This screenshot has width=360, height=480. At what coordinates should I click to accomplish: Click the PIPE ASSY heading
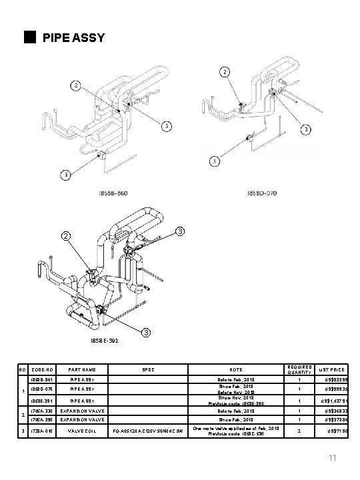coord(73,37)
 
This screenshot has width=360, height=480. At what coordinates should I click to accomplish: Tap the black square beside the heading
coord(27,37)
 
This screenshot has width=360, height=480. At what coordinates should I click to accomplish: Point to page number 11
coord(333,458)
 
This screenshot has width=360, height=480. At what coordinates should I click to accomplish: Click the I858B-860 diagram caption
coord(113,193)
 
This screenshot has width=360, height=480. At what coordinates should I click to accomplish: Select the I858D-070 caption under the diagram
coord(263,193)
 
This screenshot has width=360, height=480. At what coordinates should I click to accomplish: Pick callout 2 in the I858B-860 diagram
coord(77,85)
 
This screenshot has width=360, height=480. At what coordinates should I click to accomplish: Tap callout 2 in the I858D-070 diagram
coord(225,71)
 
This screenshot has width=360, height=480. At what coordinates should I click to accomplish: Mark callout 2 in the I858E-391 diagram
coord(65,235)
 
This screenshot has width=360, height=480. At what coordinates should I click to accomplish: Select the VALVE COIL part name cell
coord(83,432)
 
